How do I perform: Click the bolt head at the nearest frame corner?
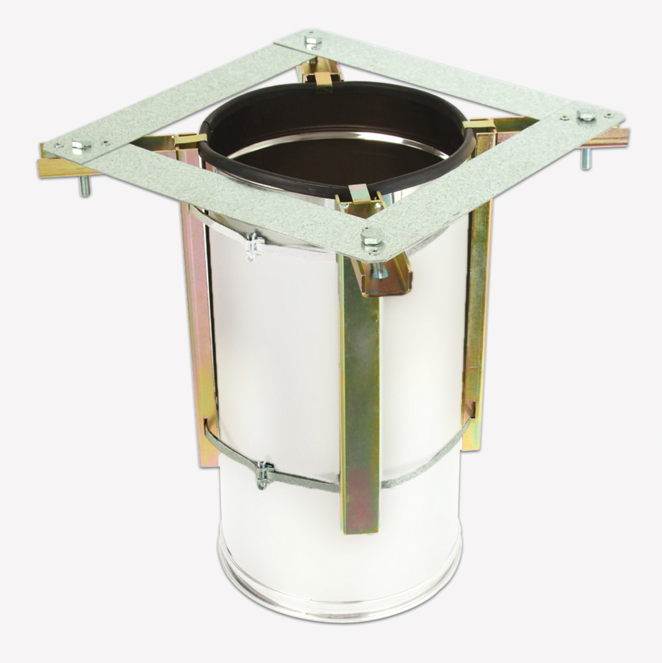coord(371,235)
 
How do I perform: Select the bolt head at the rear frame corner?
coord(313,41)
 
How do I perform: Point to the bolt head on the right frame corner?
coord(586,116)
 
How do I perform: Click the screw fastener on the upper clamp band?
coord(254,245)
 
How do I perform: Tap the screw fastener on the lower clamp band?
coord(264,473)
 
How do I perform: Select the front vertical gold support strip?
coord(360,398)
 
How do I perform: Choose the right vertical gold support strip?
coord(476,318)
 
